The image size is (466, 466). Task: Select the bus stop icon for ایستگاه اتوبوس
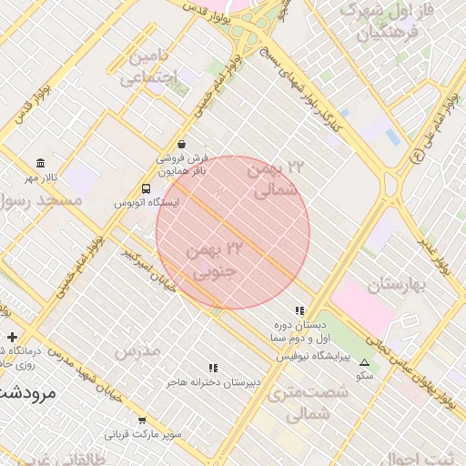tap(146, 188)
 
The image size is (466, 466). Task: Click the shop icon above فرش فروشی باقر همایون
tap(182, 144)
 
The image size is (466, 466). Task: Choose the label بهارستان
tap(397, 286)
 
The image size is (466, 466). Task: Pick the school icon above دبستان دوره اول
tap(299, 311)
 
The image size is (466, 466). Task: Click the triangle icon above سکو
tap(365, 361)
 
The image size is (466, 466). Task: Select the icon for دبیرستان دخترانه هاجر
tap(213, 368)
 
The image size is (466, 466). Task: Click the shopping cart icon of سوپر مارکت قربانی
tap(142, 420)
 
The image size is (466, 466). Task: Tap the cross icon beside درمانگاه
tap(12, 338)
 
